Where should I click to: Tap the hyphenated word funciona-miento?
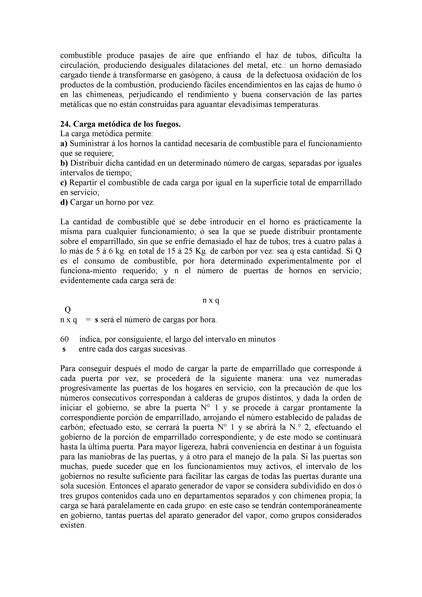[88, 271]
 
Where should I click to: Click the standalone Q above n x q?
[68, 310]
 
